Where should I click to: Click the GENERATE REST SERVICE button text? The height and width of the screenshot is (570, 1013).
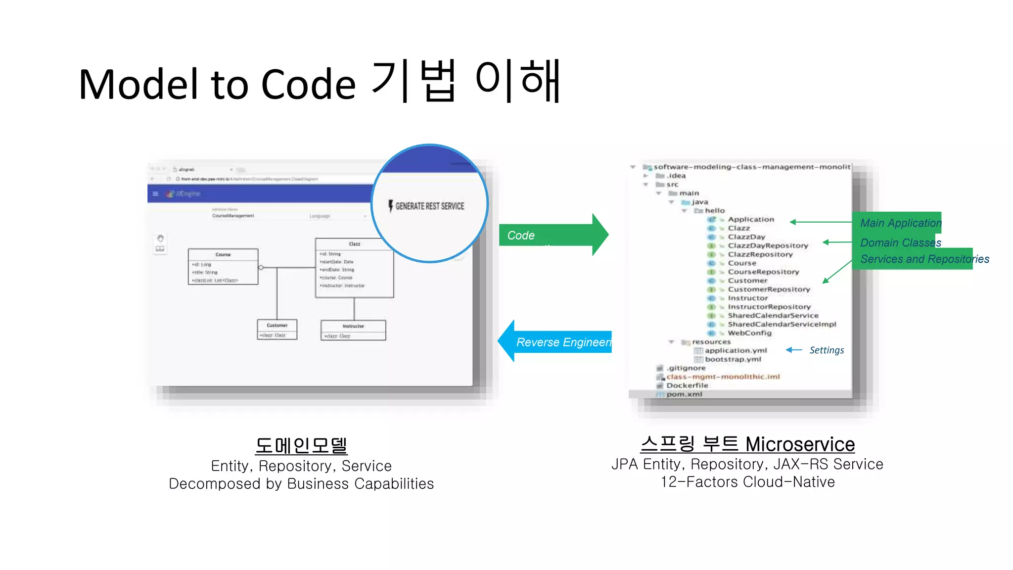429,206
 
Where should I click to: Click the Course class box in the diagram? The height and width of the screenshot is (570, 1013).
223,266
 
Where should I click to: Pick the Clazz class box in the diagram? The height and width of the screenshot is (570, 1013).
354,268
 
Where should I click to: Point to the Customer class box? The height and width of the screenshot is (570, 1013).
277,330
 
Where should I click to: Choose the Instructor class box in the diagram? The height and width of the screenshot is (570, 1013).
353,330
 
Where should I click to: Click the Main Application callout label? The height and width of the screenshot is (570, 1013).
900,223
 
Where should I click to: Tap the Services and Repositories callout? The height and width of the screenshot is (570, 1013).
924,259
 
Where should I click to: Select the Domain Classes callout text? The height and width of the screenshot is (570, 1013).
900,242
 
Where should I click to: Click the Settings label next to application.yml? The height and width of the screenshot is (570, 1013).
827,350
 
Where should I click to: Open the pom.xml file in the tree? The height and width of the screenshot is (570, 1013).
684,394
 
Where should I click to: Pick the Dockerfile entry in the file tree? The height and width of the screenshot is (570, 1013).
687,385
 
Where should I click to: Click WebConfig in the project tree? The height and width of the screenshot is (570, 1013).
749,333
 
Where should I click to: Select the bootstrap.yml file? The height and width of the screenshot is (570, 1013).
733,359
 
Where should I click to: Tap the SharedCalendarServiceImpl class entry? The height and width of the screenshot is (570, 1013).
782,324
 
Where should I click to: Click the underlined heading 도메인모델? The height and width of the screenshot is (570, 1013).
301,445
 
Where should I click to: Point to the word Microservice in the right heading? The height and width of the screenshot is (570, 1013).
800,444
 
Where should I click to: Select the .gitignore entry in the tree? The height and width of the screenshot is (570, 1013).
686,368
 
